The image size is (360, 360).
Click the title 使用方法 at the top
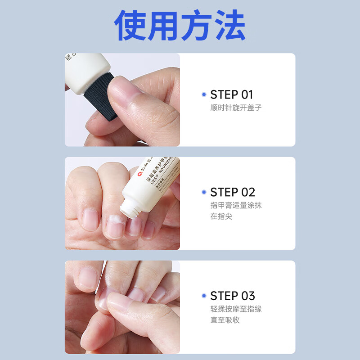tap(180, 26)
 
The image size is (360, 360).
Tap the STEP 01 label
tap(231, 95)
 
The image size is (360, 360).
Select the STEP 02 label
tap(232, 192)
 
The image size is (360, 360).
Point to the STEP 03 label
tap(232, 296)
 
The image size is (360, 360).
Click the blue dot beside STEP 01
tap(204, 95)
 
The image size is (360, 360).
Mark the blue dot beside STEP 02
tap(204, 192)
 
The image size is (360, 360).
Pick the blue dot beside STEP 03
tap(204, 296)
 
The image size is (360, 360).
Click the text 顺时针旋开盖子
tap(236, 108)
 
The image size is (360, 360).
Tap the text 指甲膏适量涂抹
tap(236, 205)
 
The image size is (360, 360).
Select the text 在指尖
tap(221, 216)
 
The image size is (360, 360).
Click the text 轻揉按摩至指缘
tap(236, 309)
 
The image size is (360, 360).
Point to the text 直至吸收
tap(225, 320)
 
